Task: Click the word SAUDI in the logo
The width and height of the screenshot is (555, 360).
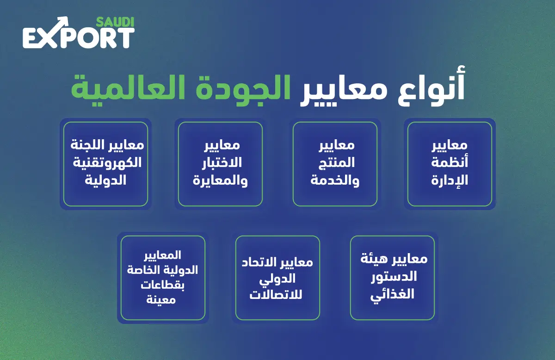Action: [115, 22]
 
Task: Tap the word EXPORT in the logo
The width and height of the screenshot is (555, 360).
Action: [79, 37]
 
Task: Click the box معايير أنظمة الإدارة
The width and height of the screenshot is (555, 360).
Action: [450, 164]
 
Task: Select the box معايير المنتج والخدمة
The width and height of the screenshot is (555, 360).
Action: [335, 164]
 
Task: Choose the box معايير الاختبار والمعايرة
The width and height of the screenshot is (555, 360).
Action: [220, 164]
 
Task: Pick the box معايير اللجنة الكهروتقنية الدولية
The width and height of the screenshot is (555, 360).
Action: [105, 164]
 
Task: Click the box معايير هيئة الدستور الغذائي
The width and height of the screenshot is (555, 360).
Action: [392, 278]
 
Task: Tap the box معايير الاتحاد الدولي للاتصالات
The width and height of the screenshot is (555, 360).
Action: [277, 278]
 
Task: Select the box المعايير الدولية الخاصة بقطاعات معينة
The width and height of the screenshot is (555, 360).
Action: [163, 278]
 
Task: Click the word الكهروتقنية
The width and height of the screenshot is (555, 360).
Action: [107, 163]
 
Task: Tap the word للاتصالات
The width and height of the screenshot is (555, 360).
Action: [276, 295]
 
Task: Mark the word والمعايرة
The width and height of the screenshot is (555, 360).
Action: [220, 180]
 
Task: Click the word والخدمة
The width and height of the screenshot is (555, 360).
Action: [335, 180]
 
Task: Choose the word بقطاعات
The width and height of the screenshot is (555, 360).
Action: [162, 285]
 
